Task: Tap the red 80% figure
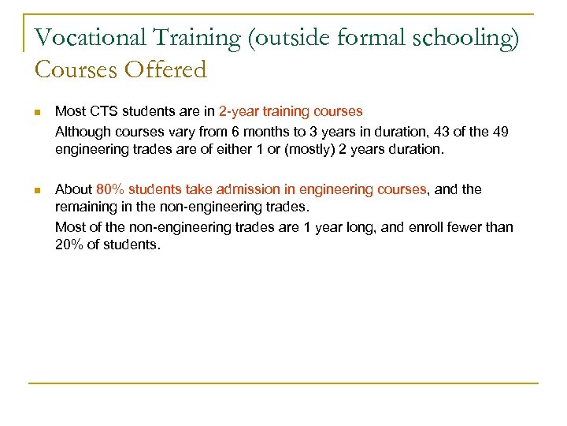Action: (109, 189)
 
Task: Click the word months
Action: (266, 131)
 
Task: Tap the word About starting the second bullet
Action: (73, 189)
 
